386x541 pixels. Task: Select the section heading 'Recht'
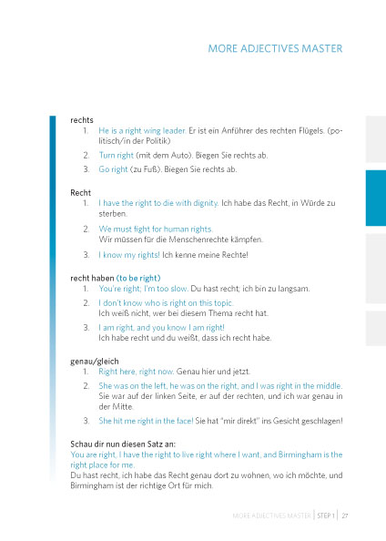click(x=80, y=193)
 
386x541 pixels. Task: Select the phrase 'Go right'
click(x=113, y=169)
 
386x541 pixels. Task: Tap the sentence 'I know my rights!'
click(x=129, y=254)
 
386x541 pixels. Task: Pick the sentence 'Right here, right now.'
click(x=138, y=373)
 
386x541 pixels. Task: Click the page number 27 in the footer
click(x=346, y=515)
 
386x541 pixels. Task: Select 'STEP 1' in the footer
click(x=324, y=515)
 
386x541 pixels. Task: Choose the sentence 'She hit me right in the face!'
click(x=152, y=421)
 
